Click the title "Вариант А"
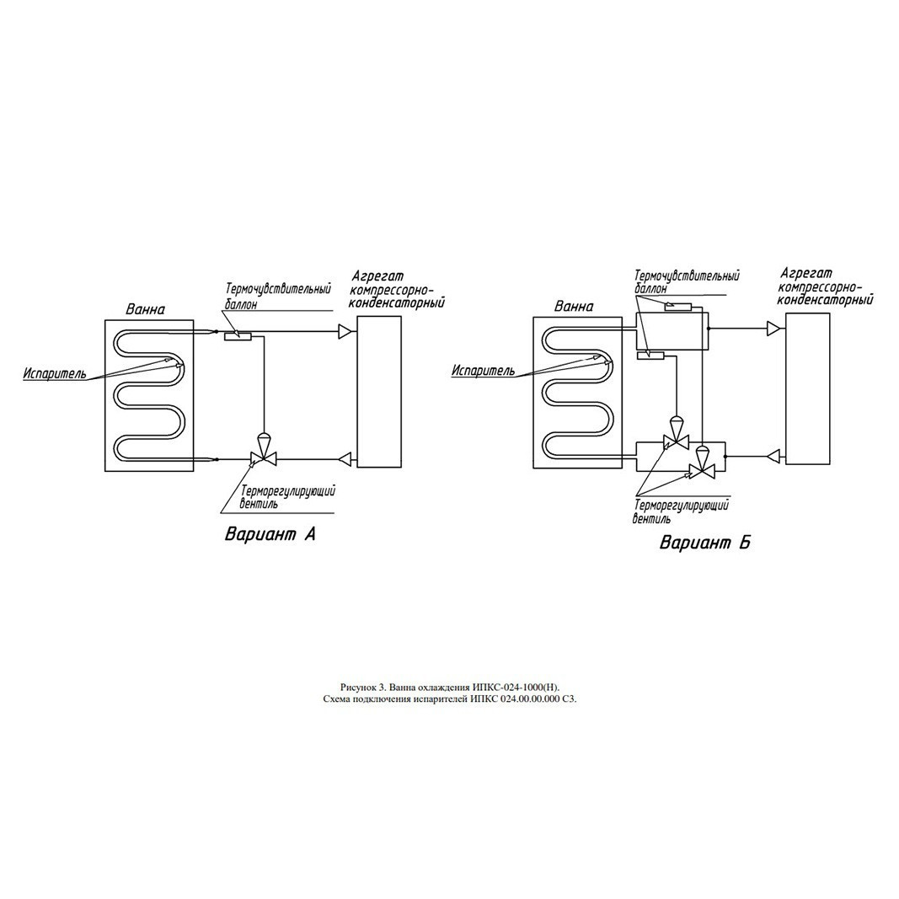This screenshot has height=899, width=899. click(x=270, y=534)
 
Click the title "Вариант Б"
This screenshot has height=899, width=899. click(x=704, y=543)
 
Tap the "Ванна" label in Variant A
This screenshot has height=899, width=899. click(x=146, y=309)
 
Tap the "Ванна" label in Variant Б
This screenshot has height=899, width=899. click(x=574, y=306)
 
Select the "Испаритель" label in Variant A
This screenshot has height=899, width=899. click(x=55, y=374)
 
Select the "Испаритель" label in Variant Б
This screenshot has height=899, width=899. click(x=484, y=371)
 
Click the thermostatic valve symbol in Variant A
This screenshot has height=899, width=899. click(x=264, y=451)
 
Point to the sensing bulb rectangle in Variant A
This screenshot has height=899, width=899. click(x=237, y=336)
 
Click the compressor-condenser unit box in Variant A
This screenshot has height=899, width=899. click(x=379, y=392)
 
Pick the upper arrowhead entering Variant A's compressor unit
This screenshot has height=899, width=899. click(x=345, y=331)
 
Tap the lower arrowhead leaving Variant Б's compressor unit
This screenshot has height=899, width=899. click(x=774, y=456)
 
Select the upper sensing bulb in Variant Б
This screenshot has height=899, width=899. click(x=677, y=307)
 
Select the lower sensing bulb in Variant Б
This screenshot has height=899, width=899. click(x=650, y=356)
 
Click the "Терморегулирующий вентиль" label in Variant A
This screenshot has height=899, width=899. click(x=288, y=497)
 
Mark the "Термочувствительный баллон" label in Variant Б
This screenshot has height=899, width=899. click(x=687, y=281)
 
